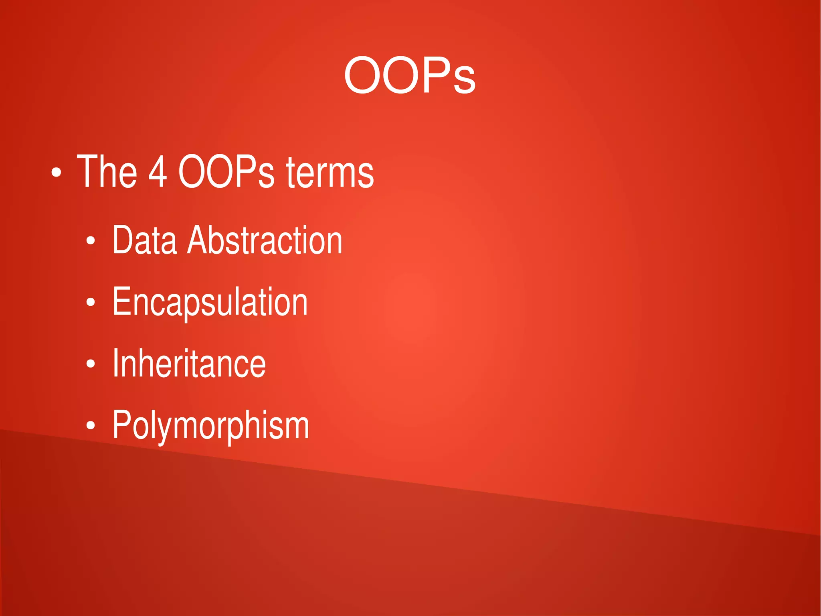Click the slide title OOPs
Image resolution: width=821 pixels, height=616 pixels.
pos(410,75)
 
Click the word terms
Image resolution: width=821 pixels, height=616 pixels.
pos(330,173)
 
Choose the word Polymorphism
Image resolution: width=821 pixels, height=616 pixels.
pos(211,425)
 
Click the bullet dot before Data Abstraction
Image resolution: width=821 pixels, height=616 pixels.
pos(91,241)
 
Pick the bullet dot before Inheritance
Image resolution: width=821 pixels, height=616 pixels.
pos(91,364)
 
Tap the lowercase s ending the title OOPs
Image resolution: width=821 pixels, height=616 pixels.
pos(465,81)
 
